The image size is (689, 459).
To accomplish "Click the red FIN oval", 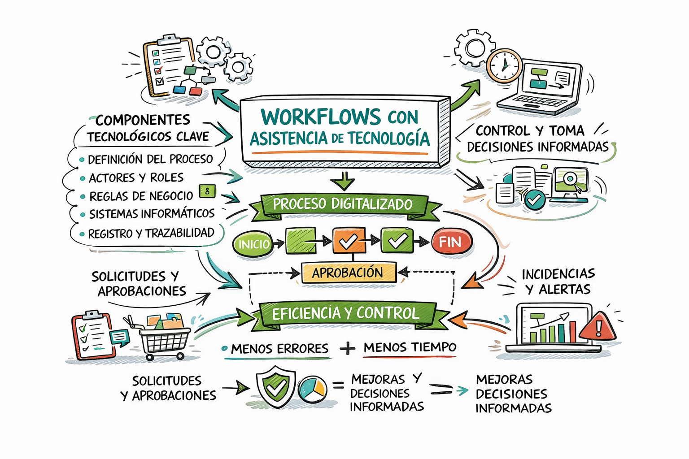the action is [x=451, y=242].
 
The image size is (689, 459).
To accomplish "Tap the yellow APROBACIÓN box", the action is [x=349, y=273].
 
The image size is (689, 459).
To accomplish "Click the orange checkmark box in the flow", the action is [x=349, y=240].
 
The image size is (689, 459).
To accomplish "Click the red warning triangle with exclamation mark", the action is [x=597, y=327].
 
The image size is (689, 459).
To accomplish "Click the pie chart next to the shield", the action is [x=312, y=389].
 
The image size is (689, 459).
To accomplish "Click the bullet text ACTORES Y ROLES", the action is [x=136, y=178].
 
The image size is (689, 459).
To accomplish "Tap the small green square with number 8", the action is [x=207, y=191].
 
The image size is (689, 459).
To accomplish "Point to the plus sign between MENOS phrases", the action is [x=348, y=349].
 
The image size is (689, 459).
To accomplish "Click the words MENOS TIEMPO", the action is [x=410, y=347].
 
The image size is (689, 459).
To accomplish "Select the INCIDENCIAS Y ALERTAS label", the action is [x=558, y=281].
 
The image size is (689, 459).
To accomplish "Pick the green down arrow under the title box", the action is [x=344, y=181].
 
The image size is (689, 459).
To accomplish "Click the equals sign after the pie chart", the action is [x=338, y=385].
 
